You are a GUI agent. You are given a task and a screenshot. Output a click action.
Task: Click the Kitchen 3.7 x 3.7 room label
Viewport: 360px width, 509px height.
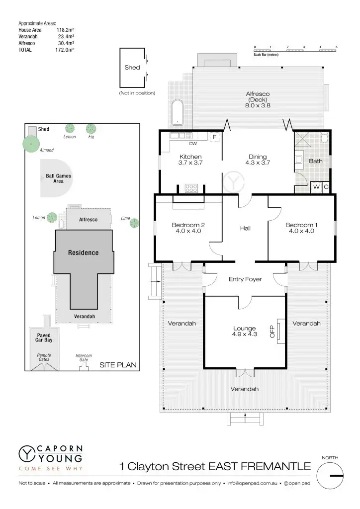[x=190, y=160]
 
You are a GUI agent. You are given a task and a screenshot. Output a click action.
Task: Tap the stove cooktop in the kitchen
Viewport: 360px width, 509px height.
[x=191, y=188]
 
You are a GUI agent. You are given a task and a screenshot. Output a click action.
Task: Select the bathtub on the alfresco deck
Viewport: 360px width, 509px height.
[x=177, y=112]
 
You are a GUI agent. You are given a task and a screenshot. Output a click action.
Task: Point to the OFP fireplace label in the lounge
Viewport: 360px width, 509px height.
[x=272, y=332]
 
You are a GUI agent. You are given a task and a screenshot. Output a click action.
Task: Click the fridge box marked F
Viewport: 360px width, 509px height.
[x=215, y=137]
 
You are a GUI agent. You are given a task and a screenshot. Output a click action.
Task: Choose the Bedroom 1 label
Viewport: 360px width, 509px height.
[x=301, y=228]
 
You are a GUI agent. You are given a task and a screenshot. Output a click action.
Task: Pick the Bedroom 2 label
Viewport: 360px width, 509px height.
[x=188, y=228]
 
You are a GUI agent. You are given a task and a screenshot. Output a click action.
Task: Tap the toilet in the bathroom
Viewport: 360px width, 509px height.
[x=325, y=138]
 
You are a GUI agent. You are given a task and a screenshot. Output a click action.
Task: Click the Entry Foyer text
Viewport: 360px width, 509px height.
[x=245, y=279]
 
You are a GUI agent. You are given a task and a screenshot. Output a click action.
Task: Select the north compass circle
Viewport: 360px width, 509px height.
[x=330, y=476]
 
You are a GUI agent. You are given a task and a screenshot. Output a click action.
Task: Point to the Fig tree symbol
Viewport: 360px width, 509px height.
[x=90, y=129]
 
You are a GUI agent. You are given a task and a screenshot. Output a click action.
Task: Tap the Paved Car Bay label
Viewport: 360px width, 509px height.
[x=44, y=338]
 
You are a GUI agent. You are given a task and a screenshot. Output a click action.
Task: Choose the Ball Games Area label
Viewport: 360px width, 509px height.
[x=58, y=178]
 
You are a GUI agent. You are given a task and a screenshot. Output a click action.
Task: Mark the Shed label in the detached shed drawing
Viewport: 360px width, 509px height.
[x=132, y=68]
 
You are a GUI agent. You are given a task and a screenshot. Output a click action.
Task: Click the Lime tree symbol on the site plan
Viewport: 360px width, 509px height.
[x=134, y=223]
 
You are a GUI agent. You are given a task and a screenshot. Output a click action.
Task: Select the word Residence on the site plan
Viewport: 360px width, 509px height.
[x=83, y=253]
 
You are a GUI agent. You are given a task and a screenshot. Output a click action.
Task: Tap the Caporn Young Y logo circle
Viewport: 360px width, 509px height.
[x=26, y=453]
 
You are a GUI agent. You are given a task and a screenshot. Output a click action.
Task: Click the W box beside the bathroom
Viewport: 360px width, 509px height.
[x=316, y=187]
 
